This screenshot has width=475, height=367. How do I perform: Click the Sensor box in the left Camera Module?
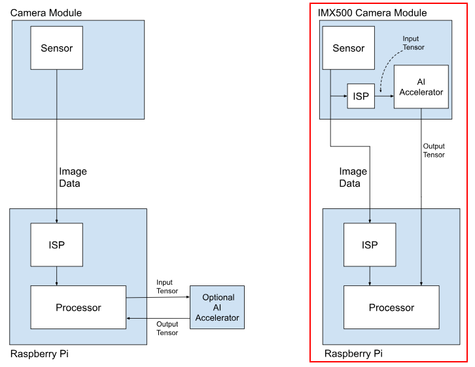pyautogui.click(x=56, y=48)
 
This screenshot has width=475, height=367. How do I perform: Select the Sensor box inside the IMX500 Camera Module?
pyautogui.click(x=348, y=48)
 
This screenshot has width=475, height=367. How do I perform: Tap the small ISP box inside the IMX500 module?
pyautogui.click(x=361, y=96)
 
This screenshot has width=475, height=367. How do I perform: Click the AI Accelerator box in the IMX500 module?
pyautogui.click(x=421, y=86)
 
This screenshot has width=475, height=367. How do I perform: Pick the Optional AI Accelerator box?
pyautogui.click(x=217, y=308)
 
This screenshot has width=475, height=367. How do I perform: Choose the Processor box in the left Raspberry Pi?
pyautogui.click(x=78, y=307)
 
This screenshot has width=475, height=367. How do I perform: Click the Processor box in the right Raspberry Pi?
pyautogui.click(x=391, y=307)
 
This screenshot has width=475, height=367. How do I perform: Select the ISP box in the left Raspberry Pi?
pyautogui.click(x=56, y=244)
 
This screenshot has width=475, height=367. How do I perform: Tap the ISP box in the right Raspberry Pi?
pyautogui.click(x=370, y=245)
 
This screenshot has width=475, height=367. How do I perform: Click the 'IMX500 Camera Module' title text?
pyautogui.click(x=372, y=12)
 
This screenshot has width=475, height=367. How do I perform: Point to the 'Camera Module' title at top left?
pyautogui.click(x=46, y=12)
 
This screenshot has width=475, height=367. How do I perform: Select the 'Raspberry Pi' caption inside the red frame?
pyautogui.click(x=354, y=354)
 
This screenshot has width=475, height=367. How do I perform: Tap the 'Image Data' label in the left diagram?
pyautogui.click(x=73, y=178)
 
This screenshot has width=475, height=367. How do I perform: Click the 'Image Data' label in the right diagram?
pyautogui.click(x=353, y=178)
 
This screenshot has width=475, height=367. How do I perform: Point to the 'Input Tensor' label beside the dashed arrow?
pyautogui.click(x=413, y=43)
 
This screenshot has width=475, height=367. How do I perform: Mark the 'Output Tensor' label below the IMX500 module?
pyautogui.click(x=434, y=150)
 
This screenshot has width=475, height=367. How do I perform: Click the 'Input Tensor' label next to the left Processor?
pyautogui.click(x=167, y=287)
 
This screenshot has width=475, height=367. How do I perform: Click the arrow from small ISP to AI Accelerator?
pyautogui.click(x=384, y=96)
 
